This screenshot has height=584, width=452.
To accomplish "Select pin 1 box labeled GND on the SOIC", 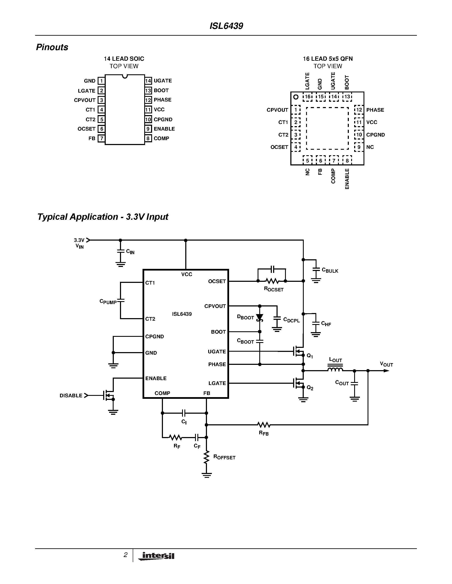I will click(101, 81).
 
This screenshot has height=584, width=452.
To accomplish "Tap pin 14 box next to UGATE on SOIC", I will click(148, 81).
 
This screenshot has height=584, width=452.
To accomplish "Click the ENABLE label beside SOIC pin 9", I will click(164, 129).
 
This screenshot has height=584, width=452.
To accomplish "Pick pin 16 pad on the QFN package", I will click(307, 97).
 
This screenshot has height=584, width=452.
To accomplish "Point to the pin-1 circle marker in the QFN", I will click(296, 97).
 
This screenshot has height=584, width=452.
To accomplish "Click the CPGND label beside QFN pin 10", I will click(375, 135).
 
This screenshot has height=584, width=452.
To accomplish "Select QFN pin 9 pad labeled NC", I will click(359, 147).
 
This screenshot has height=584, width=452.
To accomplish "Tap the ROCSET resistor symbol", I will click(272, 281).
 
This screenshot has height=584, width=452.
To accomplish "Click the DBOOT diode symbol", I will click(260, 318).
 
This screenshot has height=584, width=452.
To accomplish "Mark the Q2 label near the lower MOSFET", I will click(310, 388).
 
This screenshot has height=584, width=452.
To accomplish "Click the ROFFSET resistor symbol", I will click(206, 457).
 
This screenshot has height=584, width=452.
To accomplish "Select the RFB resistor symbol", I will click(264, 425).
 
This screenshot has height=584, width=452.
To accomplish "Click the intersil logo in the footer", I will click(156, 556).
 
